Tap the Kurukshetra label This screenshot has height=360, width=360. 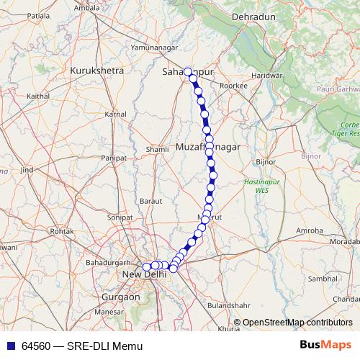click(98, 71)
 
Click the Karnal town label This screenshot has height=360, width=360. click(116, 114)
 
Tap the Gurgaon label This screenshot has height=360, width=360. click(121, 297)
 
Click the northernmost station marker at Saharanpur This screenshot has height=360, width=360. click(188, 72)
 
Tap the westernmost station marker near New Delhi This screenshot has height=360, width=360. click(147, 267)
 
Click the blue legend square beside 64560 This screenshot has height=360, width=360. click(10, 346)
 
